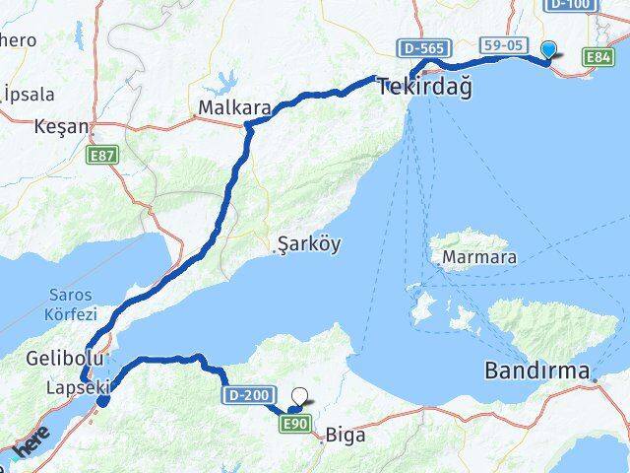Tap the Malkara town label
[x=226, y=106]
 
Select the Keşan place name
[x=61, y=127]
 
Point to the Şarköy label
[x=309, y=243]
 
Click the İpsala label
[x=28, y=94]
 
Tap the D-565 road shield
[x=424, y=47]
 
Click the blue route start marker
[x=548, y=49]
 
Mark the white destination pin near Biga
[x=299, y=399]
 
